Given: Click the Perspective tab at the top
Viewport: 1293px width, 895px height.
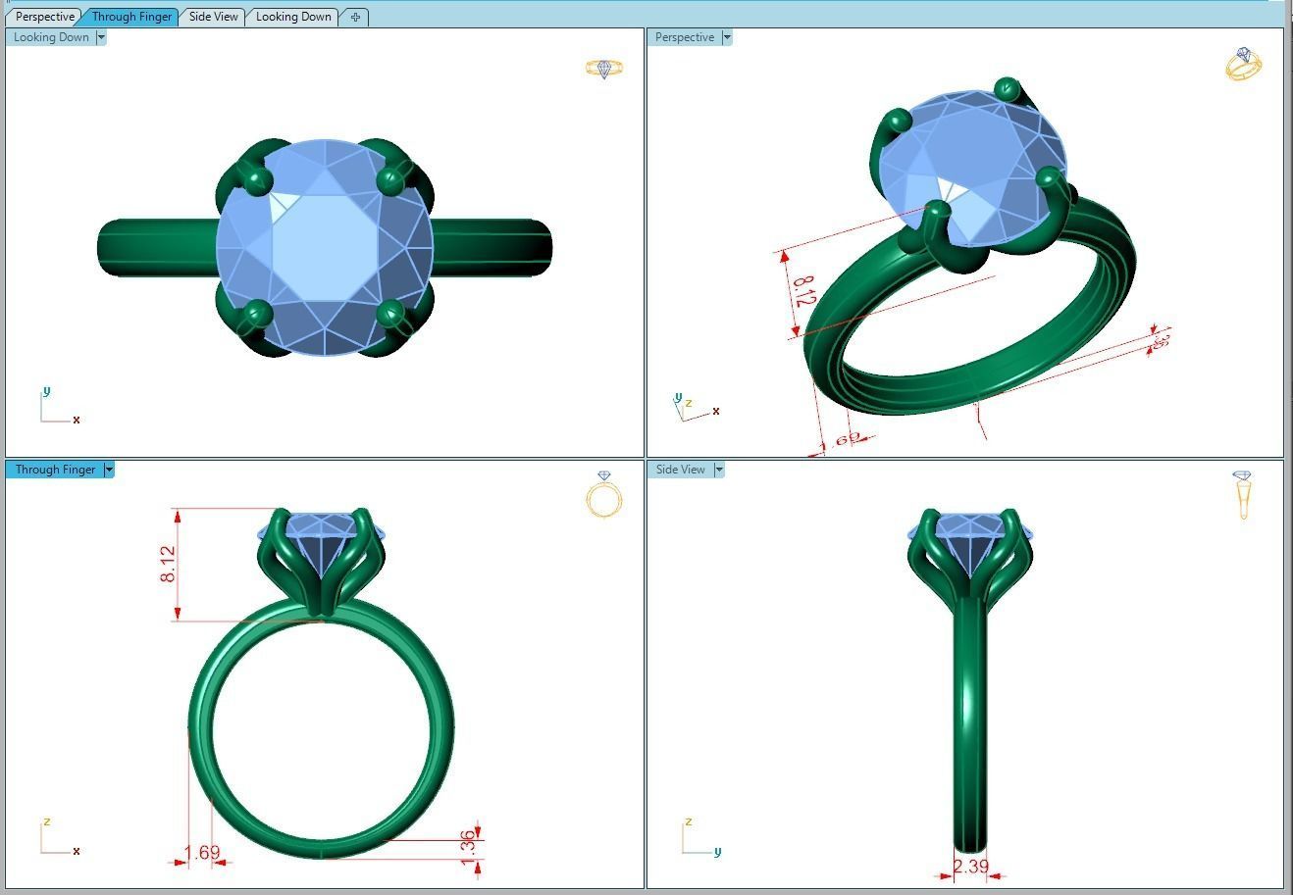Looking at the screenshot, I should pyautogui.click(x=45, y=17).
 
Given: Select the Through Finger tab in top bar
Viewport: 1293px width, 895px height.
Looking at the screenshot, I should pyautogui.click(x=131, y=17).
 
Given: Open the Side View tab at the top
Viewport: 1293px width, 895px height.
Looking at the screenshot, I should pyautogui.click(x=213, y=17).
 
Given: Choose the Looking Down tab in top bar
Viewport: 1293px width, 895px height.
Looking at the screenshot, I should pyautogui.click(x=293, y=17).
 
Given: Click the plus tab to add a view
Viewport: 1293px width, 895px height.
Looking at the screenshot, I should pyautogui.click(x=355, y=17).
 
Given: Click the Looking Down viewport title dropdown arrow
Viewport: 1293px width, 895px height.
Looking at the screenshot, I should pyautogui.click(x=101, y=37).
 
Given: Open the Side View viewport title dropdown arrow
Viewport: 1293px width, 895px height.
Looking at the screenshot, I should pyautogui.click(x=719, y=470).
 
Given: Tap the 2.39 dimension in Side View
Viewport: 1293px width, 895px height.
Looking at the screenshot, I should pyautogui.click(x=970, y=867).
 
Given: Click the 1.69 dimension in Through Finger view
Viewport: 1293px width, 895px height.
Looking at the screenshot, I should pyautogui.click(x=202, y=853).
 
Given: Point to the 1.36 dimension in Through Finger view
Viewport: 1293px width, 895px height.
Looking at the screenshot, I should pyautogui.click(x=468, y=843).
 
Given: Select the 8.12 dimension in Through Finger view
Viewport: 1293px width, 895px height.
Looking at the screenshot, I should pyautogui.click(x=169, y=565).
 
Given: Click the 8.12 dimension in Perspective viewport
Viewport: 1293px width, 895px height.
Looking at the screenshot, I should pyautogui.click(x=802, y=291).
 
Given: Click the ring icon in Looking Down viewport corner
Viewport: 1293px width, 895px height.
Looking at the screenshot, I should pyautogui.click(x=603, y=69).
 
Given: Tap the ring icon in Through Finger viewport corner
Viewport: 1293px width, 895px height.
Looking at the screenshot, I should pyautogui.click(x=603, y=495).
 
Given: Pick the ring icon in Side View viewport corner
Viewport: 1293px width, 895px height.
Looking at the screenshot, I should pyautogui.click(x=1243, y=494).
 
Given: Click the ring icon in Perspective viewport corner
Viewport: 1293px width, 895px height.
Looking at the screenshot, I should pyautogui.click(x=1243, y=64).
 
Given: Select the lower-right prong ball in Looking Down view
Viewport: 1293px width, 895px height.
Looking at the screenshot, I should pyautogui.click(x=390, y=315).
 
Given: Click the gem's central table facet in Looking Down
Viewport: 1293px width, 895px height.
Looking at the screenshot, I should pyautogui.click(x=324, y=248).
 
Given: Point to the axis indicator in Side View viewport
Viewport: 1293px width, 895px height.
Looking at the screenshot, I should pyautogui.click(x=699, y=839).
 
